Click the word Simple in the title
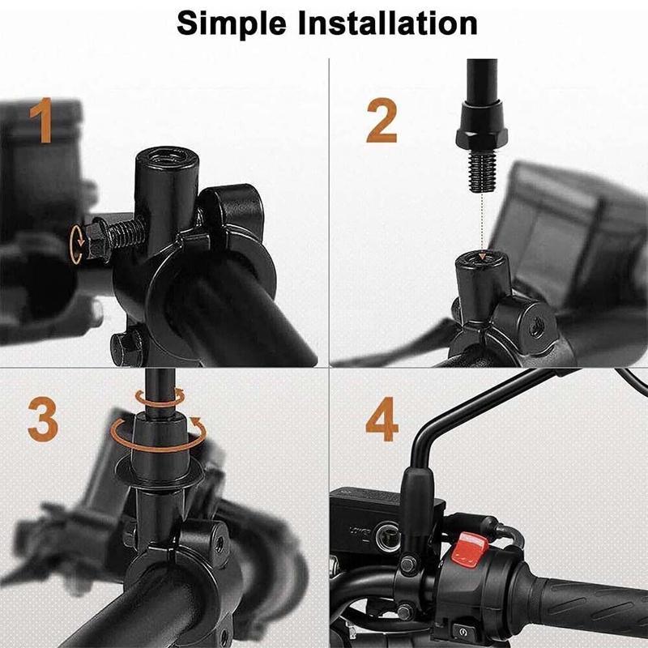(x=232, y=24)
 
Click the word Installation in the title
(x=388, y=23)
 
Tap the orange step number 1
(x=43, y=120)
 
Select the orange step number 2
(x=382, y=121)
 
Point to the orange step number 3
(x=43, y=419)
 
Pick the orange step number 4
(x=382, y=419)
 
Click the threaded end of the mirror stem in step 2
(x=481, y=170)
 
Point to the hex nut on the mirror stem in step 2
(x=481, y=138)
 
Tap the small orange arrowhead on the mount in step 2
(x=480, y=257)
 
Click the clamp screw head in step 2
(x=537, y=325)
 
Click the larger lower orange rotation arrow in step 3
(x=159, y=435)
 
